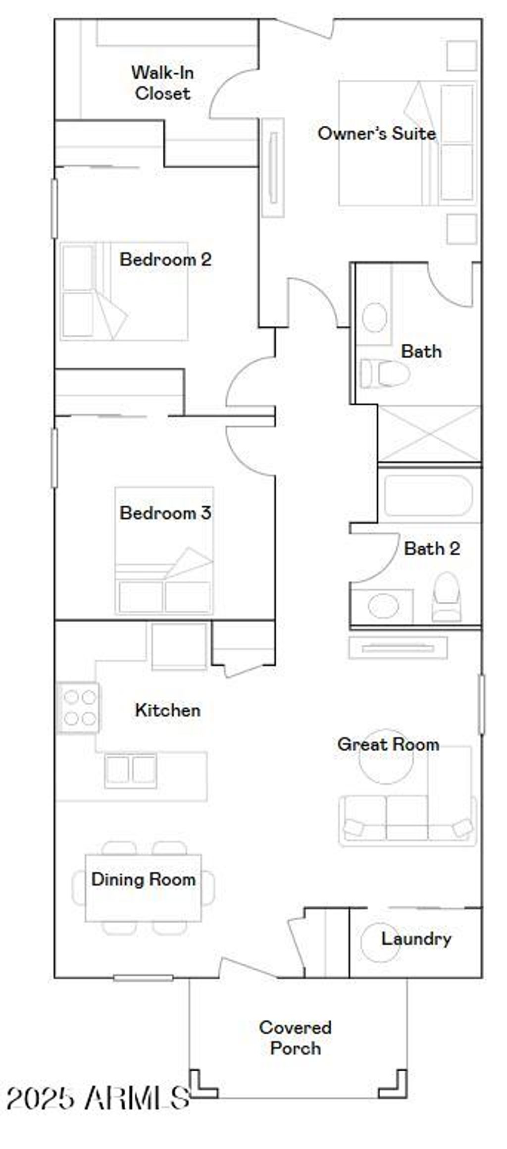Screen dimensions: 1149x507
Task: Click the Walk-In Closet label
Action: point(162,83)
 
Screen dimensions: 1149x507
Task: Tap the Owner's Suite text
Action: point(376,133)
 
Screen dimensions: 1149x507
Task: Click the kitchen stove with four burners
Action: point(79,708)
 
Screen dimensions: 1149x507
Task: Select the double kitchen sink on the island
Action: point(131,770)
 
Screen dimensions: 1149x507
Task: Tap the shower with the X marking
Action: point(429,434)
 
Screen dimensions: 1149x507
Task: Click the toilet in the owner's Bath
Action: point(385,373)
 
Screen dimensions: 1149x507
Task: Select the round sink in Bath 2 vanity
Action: point(384,606)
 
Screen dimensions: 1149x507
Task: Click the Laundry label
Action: point(416,939)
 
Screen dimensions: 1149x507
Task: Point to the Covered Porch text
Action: point(295,1038)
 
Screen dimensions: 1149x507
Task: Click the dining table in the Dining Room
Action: point(143,888)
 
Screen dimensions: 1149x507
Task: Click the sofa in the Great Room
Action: point(407,820)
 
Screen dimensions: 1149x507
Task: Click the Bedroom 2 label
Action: point(165,259)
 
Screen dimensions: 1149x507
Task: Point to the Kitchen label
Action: point(168,710)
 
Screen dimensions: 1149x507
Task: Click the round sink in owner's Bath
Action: point(374,317)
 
